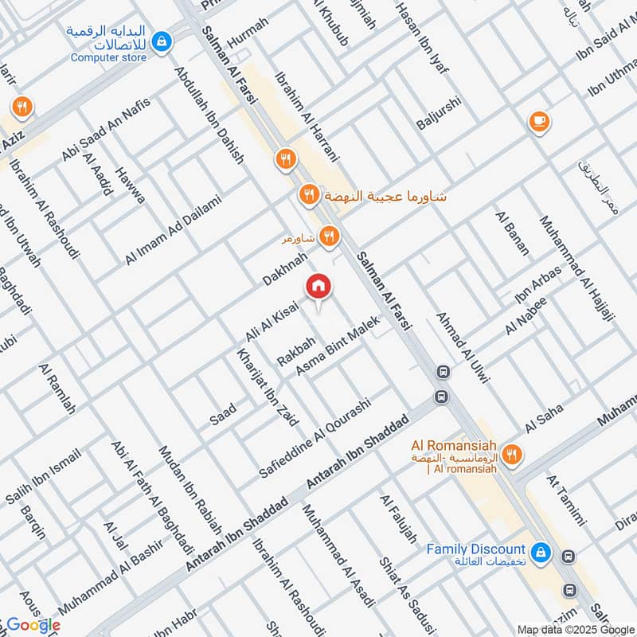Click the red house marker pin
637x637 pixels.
tap(318, 286)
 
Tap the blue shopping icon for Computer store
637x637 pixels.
tap(162, 40)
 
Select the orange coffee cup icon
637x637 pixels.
tap(539, 121)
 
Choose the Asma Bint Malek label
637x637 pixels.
tap(338, 346)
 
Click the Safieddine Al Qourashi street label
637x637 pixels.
tap(315, 439)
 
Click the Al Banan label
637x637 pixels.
tap(512, 233)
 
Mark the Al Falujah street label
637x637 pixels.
tap(398, 519)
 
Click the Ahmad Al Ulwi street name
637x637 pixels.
tap(460, 349)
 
